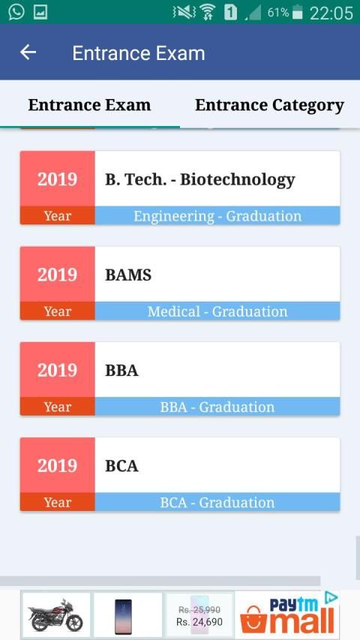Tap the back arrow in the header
[28, 53]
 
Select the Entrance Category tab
[269, 105]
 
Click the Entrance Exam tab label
[89, 105]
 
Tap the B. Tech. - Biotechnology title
[199, 179]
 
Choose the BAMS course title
[128, 275]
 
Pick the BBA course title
[121, 371]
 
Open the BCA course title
[121, 466]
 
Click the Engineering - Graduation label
[217, 216]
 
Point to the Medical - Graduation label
[217, 311]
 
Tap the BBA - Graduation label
[217, 407]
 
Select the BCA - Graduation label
[217, 503]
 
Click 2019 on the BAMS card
[57, 275]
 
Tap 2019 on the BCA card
[57, 466]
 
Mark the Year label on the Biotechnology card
[58, 216]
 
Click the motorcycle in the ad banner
[55, 615]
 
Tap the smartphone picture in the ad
[123, 616]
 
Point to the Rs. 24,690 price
[199, 622]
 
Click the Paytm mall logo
[288, 615]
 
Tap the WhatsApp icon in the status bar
[16, 12]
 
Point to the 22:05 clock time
[331, 14]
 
